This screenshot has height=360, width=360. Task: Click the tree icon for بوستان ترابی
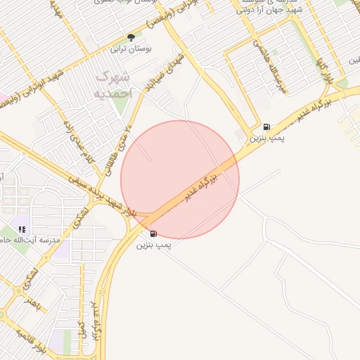point(130,38)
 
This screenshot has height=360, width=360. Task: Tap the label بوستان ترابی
point(130,50)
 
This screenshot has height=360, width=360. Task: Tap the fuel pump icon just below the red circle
point(153,233)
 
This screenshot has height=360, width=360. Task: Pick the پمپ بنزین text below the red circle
point(153,245)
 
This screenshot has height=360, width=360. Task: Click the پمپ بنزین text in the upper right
point(266,139)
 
